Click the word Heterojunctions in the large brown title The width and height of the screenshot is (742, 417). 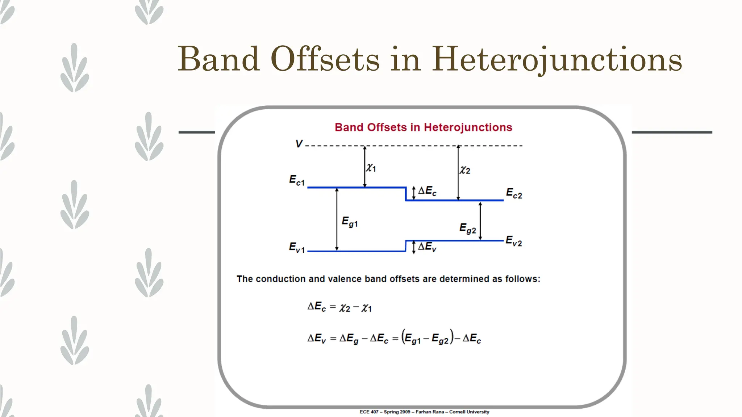pyautogui.click(x=557, y=59)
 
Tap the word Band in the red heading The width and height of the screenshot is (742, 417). pyautogui.click(x=349, y=127)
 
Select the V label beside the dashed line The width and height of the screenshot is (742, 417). pyautogui.click(x=299, y=144)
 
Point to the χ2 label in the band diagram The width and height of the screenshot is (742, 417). pyautogui.click(x=465, y=170)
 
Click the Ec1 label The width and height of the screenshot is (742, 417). pyautogui.click(x=297, y=180)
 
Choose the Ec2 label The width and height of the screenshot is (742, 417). pyautogui.click(x=514, y=193)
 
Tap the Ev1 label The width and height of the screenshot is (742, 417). pyautogui.click(x=297, y=248)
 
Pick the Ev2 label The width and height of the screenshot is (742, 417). pyautogui.click(x=514, y=241)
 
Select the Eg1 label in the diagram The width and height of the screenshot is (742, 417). pyautogui.click(x=350, y=222)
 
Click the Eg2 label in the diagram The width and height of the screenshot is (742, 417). pyautogui.click(x=468, y=228)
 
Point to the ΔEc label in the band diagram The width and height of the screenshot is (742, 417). pyautogui.click(x=427, y=191)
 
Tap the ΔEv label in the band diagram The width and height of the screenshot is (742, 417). pyautogui.click(x=427, y=247)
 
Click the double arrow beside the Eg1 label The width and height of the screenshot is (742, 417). pyautogui.click(x=337, y=219)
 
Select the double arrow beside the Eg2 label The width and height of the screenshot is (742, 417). pyautogui.click(x=480, y=221)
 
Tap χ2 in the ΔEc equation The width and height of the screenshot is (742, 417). pyautogui.click(x=345, y=308)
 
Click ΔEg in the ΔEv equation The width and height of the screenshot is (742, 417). pyautogui.click(x=349, y=339)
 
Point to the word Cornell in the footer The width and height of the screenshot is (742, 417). pyautogui.click(x=458, y=412)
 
